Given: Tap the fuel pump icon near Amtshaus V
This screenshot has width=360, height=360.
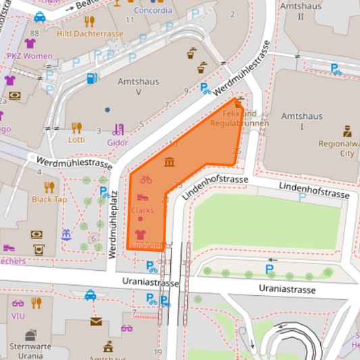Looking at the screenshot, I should [91, 78].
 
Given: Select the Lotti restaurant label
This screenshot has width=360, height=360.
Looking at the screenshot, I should [76, 140].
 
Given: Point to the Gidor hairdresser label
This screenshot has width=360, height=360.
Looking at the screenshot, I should [118, 142].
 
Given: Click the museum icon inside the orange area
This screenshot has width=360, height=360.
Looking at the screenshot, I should [169, 162].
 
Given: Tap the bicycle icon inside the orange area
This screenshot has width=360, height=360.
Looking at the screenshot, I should [146, 180].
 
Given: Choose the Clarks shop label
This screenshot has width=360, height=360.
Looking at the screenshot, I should [143, 210].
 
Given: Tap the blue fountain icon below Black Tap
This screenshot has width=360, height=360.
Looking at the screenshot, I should [66, 235].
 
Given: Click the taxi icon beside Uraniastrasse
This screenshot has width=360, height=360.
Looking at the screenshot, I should [91, 295].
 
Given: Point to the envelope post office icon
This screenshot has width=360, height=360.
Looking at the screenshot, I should [97, 321].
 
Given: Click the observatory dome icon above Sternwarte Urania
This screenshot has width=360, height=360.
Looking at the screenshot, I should [31, 335].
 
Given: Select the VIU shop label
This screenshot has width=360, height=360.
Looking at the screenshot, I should [18, 315].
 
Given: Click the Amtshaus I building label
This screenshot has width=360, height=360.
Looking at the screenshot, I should [303, 121].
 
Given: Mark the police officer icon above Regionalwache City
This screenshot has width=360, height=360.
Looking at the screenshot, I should [346, 130].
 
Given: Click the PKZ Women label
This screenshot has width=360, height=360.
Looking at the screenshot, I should [29, 56].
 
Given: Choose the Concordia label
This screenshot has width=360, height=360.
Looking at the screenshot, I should [153, 11].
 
